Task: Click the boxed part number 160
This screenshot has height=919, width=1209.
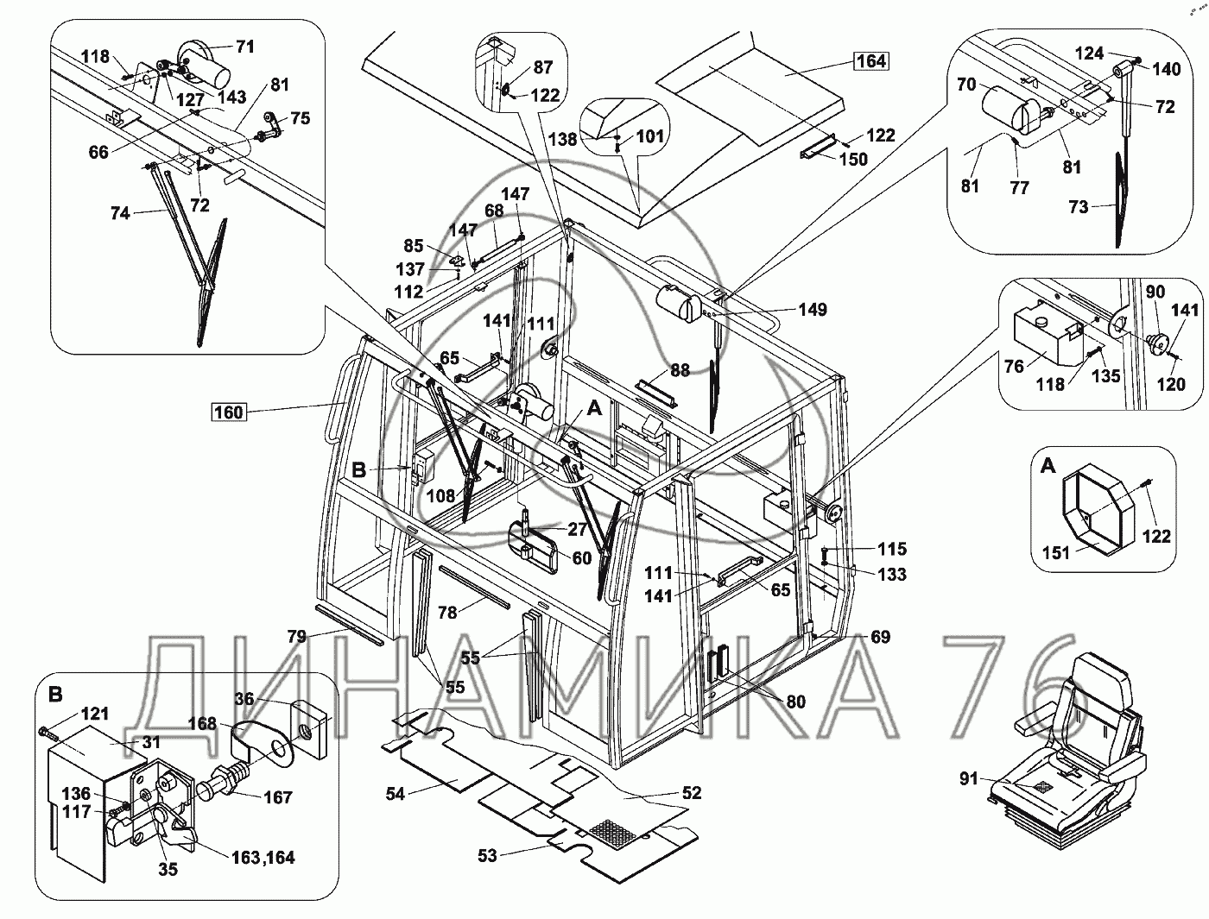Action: coord(229,412)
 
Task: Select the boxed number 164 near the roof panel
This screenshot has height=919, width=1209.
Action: coord(871,60)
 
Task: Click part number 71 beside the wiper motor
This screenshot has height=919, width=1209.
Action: coord(244,47)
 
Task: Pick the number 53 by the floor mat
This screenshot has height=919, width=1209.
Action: coord(487,855)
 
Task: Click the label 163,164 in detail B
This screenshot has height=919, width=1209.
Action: coord(263,857)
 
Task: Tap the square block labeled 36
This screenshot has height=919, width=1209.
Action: coord(309,730)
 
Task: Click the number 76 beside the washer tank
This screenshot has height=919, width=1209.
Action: coord(1014,366)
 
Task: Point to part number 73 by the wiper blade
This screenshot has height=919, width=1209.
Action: coord(1078,207)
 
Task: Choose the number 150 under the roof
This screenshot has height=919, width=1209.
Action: coord(853,159)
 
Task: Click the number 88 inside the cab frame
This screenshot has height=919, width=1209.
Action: coord(680,370)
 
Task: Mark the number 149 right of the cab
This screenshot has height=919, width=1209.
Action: coord(813,309)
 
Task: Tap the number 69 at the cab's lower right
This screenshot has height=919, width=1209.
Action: coord(880,637)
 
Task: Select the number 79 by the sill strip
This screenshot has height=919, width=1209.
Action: coord(296,636)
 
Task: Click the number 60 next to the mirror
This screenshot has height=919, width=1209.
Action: coord(582,558)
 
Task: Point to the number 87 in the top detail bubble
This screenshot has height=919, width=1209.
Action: coord(543,67)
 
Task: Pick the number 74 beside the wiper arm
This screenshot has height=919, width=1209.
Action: coord(119,213)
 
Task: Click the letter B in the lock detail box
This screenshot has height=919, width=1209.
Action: coord(55,695)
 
